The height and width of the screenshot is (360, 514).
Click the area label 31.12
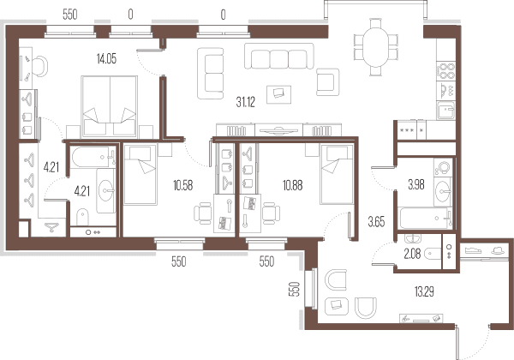coord(246,102)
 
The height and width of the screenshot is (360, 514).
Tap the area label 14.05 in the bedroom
coord(106,58)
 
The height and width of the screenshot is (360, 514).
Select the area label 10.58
coord(183,186)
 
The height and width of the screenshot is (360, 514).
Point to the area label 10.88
coord(293,186)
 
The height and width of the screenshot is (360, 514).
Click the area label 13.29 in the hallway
coord(424,291)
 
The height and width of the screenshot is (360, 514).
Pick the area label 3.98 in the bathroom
coord(416,185)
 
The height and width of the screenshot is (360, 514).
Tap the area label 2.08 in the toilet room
coord(412,254)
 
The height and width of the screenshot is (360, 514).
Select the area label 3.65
coord(376,222)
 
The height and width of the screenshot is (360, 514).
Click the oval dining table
coord(376,47)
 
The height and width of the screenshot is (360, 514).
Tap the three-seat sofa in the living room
coord(278,56)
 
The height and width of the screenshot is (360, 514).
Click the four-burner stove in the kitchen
coord(446,71)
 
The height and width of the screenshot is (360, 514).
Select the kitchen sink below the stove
coord(446,111)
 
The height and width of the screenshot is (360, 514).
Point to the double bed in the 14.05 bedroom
coord(109,106)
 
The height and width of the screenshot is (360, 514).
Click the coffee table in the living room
coord(278,94)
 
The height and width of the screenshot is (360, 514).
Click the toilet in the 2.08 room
coord(433,253)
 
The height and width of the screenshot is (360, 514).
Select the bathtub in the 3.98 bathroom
coord(425,219)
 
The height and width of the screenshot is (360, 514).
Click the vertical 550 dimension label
coord(296,289)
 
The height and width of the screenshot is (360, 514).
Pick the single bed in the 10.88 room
coord(337,174)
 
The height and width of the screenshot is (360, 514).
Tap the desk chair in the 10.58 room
coord(202,213)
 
